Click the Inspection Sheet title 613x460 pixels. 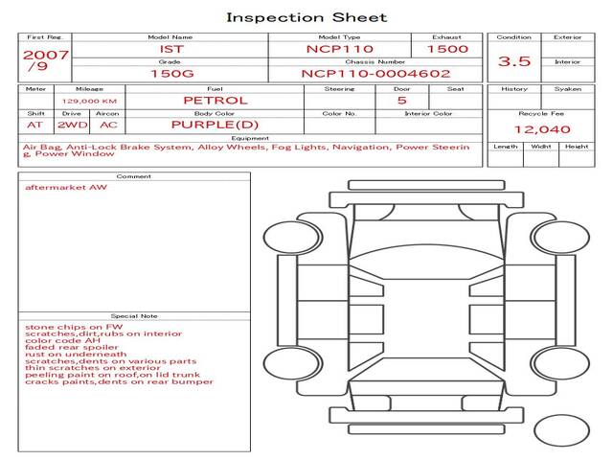(x=306, y=17)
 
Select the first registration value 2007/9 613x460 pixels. (x=45, y=61)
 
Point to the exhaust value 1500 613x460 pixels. (x=447, y=49)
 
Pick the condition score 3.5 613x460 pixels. (x=515, y=61)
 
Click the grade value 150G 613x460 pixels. (x=170, y=73)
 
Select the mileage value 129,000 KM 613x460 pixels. (x=89, y=100)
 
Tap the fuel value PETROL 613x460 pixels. (x=215, y=100)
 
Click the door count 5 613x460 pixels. (x=401, y=100)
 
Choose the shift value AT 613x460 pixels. (x=35, y=125)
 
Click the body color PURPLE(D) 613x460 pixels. (x=215, y=125)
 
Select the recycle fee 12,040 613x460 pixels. (x=542, y=129)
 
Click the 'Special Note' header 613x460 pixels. (x=133, y=315)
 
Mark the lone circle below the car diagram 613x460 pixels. (x=561, y=430)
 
